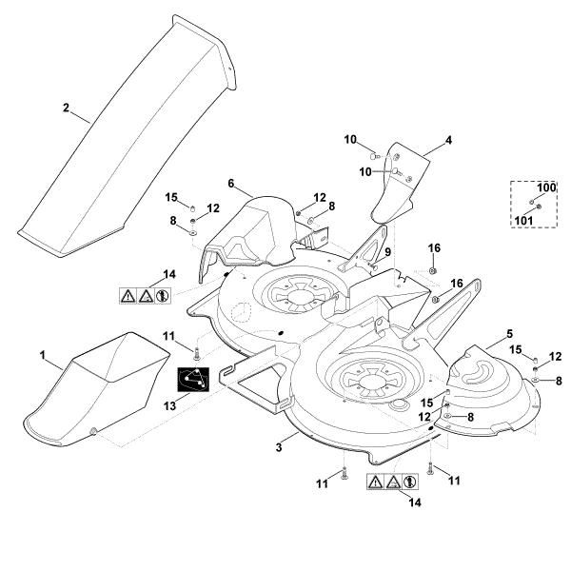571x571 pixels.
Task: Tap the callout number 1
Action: (43, 354)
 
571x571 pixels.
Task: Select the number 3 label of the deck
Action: (278, 445)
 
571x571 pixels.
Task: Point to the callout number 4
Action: (448, 140)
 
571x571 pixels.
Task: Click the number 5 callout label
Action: (509, 334)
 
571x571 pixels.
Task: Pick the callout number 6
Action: (231, 183)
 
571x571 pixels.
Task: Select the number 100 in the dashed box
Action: (546, 187)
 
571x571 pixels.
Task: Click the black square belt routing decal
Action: (195, 380)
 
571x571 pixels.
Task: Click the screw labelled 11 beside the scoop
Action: (196, 353)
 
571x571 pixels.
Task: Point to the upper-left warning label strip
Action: (144, 295)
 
